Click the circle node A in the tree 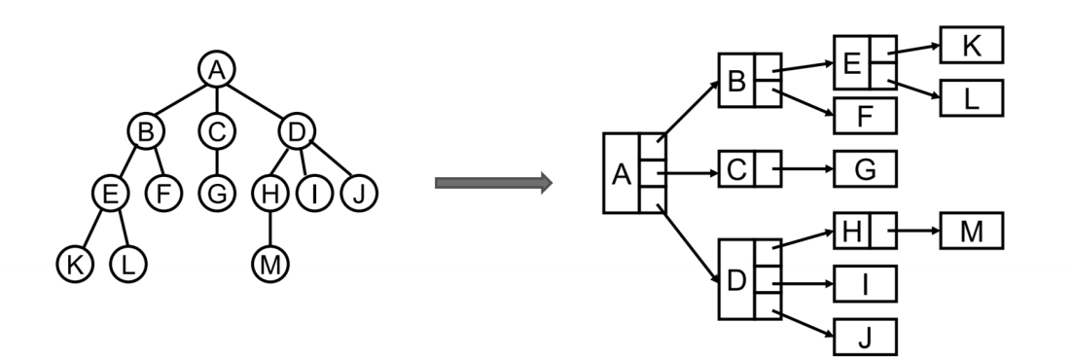(216, 69)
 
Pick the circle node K (75, 263)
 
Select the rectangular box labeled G (865, 169)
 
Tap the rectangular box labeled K (970, 45)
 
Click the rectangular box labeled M (970, 233)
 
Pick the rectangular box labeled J (865, 338)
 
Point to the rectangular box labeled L (970, 97)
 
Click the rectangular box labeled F (865, 116)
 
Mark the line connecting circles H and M (268, 229)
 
